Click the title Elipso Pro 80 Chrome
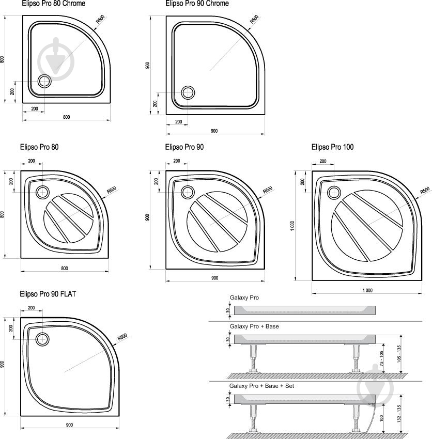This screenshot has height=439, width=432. tap(53, 4)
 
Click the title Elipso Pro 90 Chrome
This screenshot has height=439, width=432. tap(197, 4)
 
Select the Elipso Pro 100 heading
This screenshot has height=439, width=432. tap(332, 147)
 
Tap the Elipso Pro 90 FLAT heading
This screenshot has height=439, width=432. tap(48, 294)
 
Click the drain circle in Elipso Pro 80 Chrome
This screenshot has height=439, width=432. tap(44, 81)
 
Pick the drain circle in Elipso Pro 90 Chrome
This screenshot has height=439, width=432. tap(188, 93)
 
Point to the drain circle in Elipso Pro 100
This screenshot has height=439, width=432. tap(334, 193)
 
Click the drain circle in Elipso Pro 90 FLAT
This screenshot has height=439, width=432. tap(42, 339)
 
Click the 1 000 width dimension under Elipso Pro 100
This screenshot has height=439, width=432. tap(366, 290)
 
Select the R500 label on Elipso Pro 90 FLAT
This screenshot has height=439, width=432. tap(122, 336)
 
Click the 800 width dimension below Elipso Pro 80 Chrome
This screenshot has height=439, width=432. tap(66, 117)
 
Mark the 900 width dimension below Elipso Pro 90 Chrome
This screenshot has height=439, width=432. tap(214, 131)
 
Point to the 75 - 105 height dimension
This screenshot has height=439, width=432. tap(381, 358)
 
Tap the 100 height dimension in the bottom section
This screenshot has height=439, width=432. tap(381, 417)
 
